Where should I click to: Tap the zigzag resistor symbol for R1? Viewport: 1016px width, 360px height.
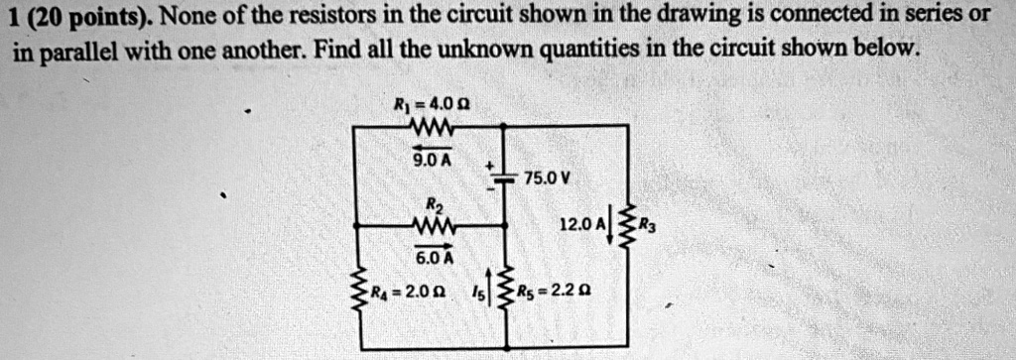432,125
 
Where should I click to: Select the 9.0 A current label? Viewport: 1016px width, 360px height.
433,158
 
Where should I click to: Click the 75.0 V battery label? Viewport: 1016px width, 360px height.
548,179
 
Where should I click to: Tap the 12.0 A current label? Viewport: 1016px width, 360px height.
582,226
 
